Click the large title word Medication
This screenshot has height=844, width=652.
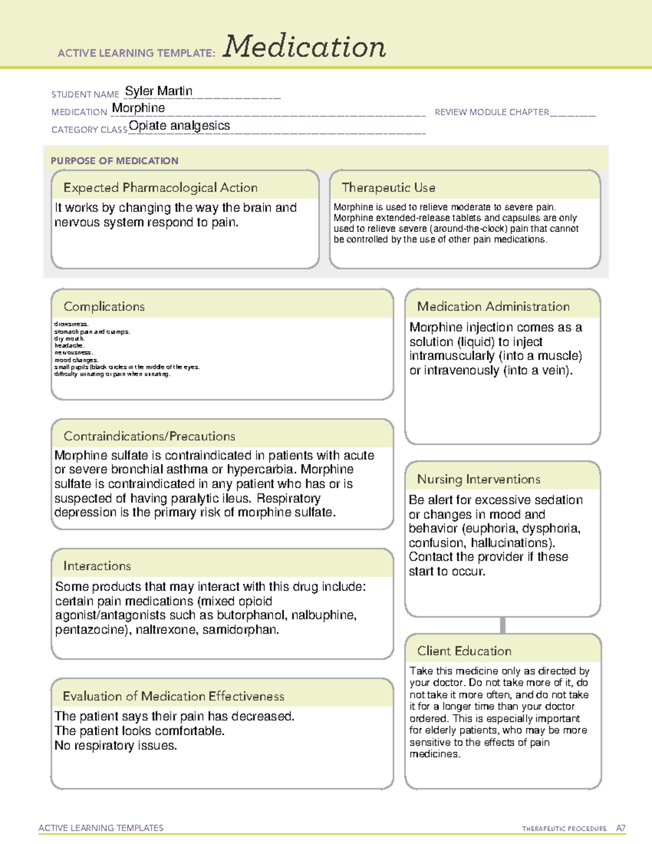(x=304, y=47)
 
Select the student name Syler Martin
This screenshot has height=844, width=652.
(x=159, y=91)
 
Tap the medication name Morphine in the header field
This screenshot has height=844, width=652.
(x=139, y=108)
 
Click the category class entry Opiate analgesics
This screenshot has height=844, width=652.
(x=179, y=126)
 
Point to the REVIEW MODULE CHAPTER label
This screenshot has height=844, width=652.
(x=492, y=112)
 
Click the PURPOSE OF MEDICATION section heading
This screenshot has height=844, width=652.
(x=115, y=161)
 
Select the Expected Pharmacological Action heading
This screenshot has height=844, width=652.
(x=160, y=187)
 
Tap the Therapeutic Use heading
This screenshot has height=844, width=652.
(x=388, y=187)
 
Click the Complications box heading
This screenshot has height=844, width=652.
(x=104, y=307)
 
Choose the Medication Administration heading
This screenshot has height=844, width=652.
(x=493, y=307)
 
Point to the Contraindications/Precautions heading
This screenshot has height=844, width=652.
(x=149, y=436)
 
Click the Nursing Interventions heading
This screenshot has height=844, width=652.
(x=479, y=479)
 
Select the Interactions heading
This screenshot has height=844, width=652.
(x=97, y=566)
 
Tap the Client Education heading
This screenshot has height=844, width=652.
(x=465, y=651)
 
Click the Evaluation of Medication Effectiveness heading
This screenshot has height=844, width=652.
(x=173, y=696)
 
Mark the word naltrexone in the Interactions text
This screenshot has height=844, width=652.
(x=165, y=630)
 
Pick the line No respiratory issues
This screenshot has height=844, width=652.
(x=116, y=746)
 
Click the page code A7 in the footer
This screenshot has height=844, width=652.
(x=620, y=828)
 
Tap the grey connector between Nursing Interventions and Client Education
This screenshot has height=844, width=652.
(x=503, y=626)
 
